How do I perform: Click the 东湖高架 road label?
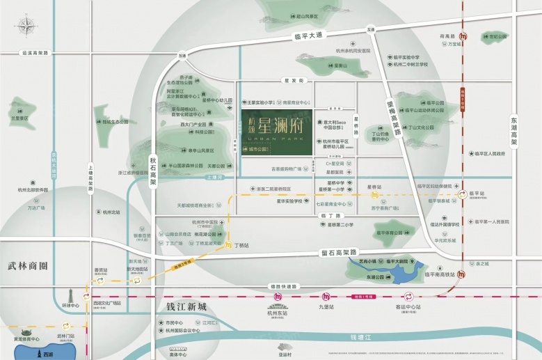point(514,130)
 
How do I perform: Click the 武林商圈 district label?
point(30,266)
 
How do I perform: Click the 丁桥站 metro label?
point(242,245)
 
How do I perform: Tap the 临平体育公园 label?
point(392,233)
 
